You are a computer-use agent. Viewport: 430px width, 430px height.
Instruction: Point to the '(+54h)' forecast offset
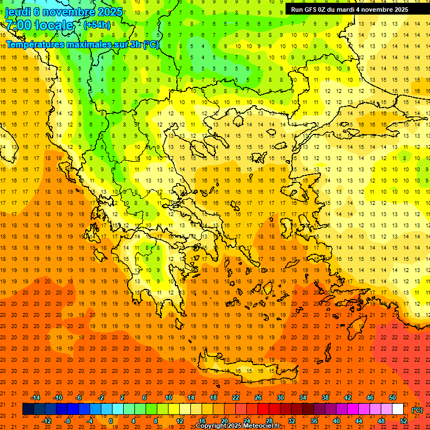[97, 25]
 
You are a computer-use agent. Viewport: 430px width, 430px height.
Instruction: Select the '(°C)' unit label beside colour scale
[417, 410]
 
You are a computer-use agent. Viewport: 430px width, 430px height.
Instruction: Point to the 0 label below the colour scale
[110, 421]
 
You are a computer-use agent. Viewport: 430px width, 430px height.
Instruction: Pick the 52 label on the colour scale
[404, 421]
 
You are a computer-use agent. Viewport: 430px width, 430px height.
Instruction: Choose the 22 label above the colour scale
[236, 398]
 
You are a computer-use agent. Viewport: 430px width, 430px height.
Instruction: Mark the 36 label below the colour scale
[314, 421]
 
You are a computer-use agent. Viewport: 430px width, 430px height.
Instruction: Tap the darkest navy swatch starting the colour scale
[28, 409]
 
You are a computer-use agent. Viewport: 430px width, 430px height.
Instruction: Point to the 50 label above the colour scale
[392, 398]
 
